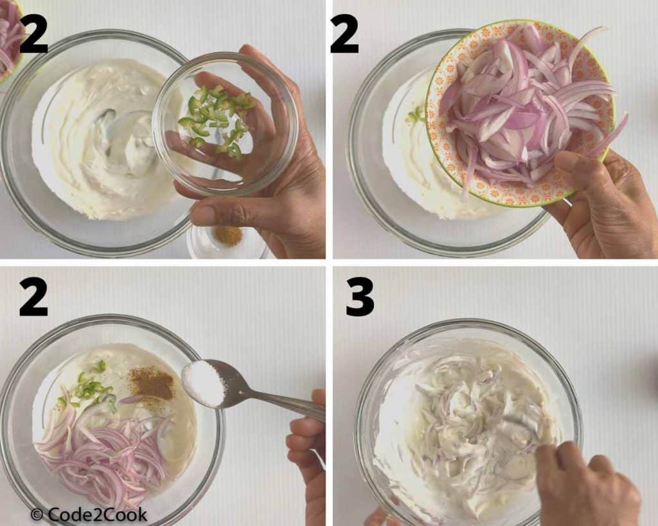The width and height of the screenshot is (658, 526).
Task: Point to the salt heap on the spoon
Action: pos(204,383)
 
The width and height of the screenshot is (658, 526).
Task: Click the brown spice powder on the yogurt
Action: pos(152,383)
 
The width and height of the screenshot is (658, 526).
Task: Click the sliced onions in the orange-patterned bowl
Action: pos(520,109)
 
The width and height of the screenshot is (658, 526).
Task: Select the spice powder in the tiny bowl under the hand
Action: pos(227,236)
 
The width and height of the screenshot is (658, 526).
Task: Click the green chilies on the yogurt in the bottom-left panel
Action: pos(90,385)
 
